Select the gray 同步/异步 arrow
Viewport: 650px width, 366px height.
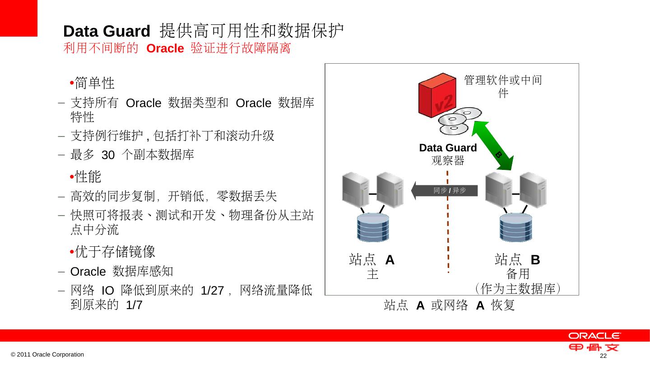pyautogui.click(x=445, y=191)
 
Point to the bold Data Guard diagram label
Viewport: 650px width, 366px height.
pyautogui.click(x=448, y=148)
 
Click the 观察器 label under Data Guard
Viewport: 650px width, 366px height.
pyautogui.click(x=447, y=160)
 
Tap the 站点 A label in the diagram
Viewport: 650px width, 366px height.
pyautogui.click(x=372, y=260)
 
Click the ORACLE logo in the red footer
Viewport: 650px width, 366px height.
pyautogui.click(x=594, y=336)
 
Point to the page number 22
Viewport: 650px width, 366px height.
pyautogui.click(x=602, y=357)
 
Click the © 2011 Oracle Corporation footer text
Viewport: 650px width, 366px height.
pyautogui.click(x=47, y=355)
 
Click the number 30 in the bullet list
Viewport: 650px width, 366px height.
pyautogui.click(x=108, y=155)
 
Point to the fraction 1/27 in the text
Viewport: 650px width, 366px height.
pyautogui.click(x=212, y=291)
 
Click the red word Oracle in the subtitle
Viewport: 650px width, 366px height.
pyautogui.click(x=164, y=49)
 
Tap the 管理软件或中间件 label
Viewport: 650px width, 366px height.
pyautogui.click(x=503, y=87)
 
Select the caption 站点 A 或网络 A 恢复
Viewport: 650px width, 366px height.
pyautogui.click(x=449, y=306)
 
